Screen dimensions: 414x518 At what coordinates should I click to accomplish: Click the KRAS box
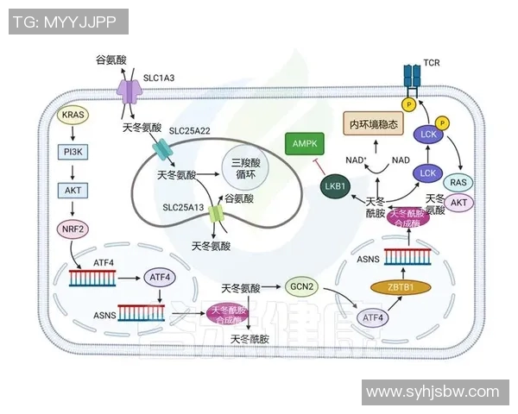[73, 114]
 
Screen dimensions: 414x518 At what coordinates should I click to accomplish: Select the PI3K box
[73, 153]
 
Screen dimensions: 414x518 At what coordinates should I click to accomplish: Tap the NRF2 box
[73, 229]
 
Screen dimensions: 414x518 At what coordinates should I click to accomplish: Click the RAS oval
[460, 182]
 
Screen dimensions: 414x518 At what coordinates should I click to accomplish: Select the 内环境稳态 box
[374, 124]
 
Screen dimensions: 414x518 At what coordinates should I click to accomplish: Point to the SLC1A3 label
[159, 78]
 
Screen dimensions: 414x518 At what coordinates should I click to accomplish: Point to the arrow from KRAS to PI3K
[73, 134]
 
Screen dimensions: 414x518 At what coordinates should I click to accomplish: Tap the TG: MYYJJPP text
[67, 22]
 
